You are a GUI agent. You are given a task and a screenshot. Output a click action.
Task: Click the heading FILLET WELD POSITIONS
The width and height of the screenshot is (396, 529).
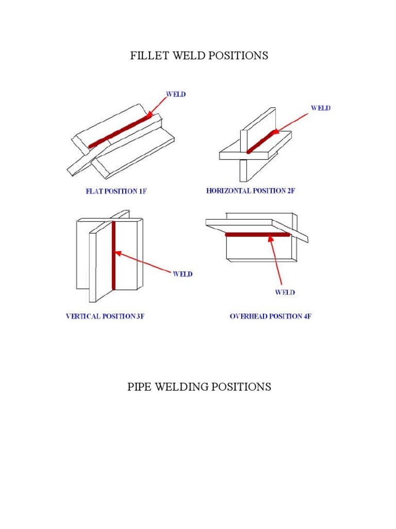point(199,56)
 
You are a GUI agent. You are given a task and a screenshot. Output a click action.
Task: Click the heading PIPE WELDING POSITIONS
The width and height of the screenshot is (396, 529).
point(199,386)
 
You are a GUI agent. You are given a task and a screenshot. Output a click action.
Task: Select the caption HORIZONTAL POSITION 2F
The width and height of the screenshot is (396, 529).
point(251,191)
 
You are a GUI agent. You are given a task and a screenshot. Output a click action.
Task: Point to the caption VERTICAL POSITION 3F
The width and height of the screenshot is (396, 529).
point(105,316)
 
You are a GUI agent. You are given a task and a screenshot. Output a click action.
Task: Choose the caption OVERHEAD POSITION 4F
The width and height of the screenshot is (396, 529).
point(270,316)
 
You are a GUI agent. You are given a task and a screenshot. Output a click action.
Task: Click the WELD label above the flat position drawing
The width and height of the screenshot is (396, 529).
point(175,95)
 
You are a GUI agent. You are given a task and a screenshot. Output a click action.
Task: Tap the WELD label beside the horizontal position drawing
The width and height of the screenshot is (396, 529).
point(320,108)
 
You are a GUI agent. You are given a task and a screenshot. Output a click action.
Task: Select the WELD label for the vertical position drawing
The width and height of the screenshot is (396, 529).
point(183,274)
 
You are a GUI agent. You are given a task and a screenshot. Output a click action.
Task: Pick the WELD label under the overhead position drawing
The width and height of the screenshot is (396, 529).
point(285,292)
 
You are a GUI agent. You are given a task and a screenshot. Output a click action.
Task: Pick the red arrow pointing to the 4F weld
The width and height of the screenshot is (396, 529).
point(276,261)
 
